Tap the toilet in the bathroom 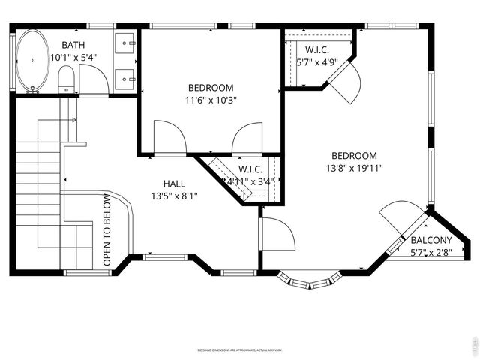click(67, 79)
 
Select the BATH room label click(73, 45)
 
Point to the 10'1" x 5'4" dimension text click(73, 57)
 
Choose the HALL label click(174, 184)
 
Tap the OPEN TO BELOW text click(106, 230)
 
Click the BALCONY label click(431, 241)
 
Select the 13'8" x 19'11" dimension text click(355, 168)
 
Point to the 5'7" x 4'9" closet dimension click(318, 63)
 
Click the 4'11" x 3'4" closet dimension click(250, 181)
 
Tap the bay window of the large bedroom click(310, 279)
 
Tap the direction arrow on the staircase click(73, 120)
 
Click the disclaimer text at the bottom click(239, 349)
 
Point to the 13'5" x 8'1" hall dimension click(174, 196)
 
